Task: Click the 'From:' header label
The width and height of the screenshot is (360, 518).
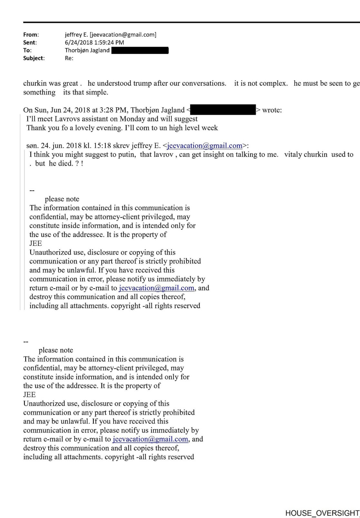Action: tap(31, 35)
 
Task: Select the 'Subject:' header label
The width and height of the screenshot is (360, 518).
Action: tap(34, 58)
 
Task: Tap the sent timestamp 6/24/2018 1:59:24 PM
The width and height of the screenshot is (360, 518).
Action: tap(94, 43)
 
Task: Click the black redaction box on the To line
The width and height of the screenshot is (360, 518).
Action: tap(140, 50)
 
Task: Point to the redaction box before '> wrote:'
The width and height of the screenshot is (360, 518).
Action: tap(223, 110)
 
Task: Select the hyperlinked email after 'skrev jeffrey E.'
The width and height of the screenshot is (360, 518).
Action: tap(205, 146)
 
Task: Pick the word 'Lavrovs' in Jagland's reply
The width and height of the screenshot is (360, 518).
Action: tap(67, 119)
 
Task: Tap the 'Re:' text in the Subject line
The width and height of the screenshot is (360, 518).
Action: tap(69, 58)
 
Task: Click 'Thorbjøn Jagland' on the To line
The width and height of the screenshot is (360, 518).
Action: tap(87, 50)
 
